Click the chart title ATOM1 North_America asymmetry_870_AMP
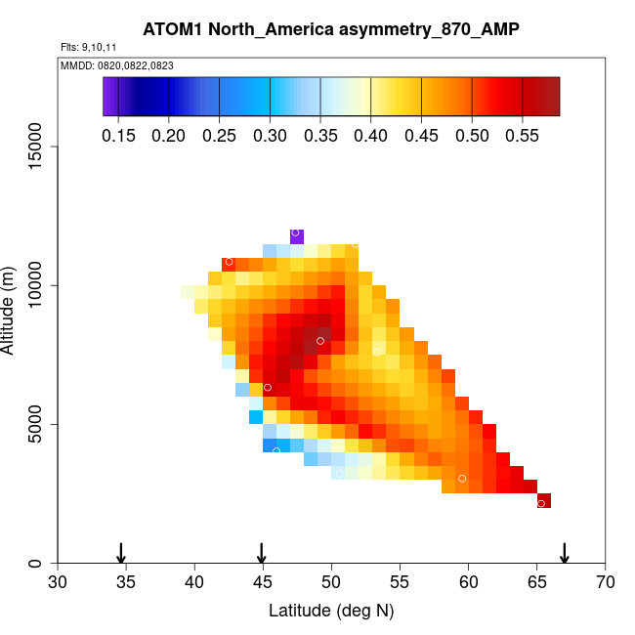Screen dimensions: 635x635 [x=331, y=28]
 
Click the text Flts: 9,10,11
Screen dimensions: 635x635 [x=89, y=47]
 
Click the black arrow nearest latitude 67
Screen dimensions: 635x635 [x=565, y=553]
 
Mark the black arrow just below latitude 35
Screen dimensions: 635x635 [x=121, y=553]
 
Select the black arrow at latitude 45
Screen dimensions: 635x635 [x=262, y=553]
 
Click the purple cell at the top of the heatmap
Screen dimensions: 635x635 [x=296, y=235]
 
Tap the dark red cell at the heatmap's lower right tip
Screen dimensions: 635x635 [x=544, y=501]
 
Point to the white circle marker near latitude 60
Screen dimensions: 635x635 [x=462, y=479]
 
